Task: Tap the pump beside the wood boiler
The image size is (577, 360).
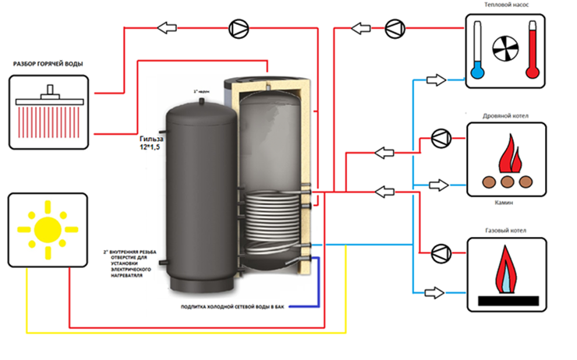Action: (440, 139)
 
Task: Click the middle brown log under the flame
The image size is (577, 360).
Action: (506, 181)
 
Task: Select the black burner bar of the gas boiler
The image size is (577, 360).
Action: (506, 299)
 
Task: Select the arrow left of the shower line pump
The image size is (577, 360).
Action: (165, 29)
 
